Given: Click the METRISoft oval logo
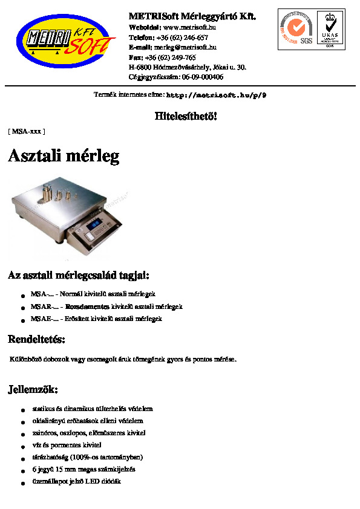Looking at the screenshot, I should [65, 42].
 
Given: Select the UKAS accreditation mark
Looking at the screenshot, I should [330, 28].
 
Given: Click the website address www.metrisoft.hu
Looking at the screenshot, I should [190, 27].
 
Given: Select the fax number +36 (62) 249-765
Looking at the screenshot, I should [170, 57].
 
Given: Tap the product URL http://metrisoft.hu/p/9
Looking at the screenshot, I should [216, 96].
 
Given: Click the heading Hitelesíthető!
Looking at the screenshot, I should [186, 115].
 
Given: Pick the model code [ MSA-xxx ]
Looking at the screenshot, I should [26, 131].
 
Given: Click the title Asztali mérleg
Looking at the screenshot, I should [64, 156].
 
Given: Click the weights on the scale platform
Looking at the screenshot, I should [59, 195].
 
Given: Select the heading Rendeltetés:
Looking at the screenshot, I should [36, 339].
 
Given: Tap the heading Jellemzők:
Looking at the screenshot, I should [33, 389].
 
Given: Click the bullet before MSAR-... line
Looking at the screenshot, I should [22, 308].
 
